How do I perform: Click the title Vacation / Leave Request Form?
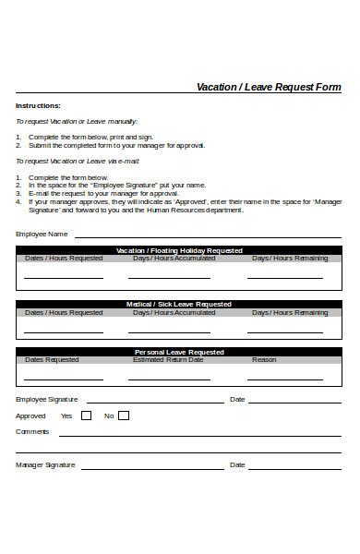tap(269, 88)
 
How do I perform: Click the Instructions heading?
tap(38, 106)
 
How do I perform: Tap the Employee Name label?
tap(42, 235)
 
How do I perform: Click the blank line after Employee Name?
tap(208, 236)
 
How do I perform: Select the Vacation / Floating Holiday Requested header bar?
tap(179, 250)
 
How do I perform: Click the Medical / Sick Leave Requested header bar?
tap(179, 304)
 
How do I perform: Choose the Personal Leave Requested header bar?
tap(179, 352)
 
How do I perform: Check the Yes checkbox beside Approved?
tap(87, 415)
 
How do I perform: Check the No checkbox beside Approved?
tap(124, 415)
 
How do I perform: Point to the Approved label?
tap(30, 416)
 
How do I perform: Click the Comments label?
tap(32, 432)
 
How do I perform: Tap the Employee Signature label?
tap(47, 400)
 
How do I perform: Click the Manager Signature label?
tap(45, 464)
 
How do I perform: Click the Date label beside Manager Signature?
tap(237, 464)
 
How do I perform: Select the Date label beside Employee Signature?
tap(237, 400)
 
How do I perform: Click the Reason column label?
tap(264, 359)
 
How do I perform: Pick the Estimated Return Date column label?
tap(168, 359)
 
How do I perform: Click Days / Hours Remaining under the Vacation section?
tap(290, 259)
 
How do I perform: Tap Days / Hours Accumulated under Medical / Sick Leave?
tap(174, 312)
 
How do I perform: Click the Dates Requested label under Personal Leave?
tap(52, 359)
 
